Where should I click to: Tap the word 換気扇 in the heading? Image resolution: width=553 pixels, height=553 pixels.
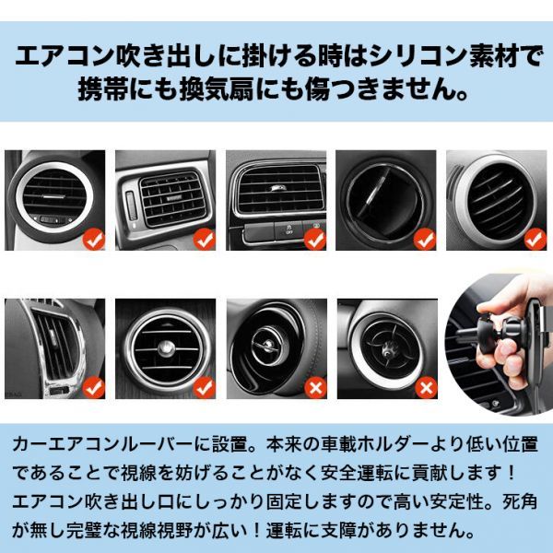[218, 89]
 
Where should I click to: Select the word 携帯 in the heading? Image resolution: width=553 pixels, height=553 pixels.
[103, 89]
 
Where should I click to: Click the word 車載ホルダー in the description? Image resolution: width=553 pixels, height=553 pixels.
[373, 445]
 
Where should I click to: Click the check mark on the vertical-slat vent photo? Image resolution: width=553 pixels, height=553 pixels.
[94, 388]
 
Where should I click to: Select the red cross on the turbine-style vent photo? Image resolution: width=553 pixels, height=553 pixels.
[426, 388]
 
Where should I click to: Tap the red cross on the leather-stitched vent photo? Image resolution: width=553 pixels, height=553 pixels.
[315, 388]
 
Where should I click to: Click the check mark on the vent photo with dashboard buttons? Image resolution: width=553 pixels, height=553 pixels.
[315, 239]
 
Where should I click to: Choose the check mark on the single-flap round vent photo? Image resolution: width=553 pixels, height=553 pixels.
[425, 239]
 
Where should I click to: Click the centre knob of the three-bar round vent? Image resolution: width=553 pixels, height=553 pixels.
[166, 348]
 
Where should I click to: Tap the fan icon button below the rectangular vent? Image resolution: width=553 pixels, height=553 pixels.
[289, 229]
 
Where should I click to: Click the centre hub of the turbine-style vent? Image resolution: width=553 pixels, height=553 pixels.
[388, 348]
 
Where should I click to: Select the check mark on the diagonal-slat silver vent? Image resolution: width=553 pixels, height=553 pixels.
[535, 239]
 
